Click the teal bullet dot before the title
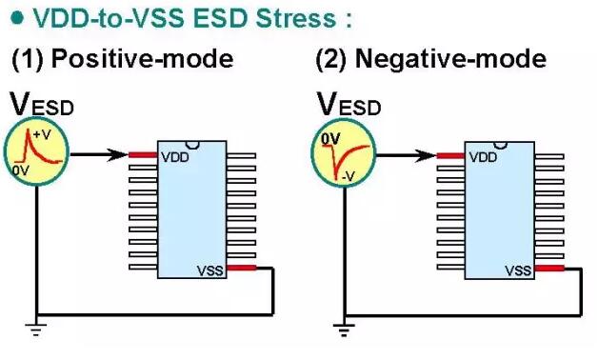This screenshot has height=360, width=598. pyautogui.click(x=17, y=18)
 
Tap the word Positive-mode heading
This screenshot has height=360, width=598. pyautogui.click(x=142, y=59)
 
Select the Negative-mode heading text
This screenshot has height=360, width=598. pyautogui.click(x=450, y=59)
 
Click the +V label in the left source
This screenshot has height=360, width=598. pyautogui.click(x=42, y=134)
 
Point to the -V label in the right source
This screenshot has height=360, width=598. pyautogui.click(x=349, y=176)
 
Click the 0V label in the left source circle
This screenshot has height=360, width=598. pyautogui.click(x=20, y=170)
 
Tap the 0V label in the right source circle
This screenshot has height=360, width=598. pyautogui.click(x=330, y=140)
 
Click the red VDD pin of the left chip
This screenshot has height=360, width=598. pyautogui.click(x=143, y=155)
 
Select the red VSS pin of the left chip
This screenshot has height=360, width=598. pyautogui.click(x=242, y=268)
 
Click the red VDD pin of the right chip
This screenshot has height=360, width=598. pyautogui.click(x=450, y=155)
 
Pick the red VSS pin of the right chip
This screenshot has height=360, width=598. pyautogui.click(x=549, y=269)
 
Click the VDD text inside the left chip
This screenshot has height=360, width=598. pyautogui.click(x=175, y=157)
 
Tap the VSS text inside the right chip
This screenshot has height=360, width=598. pyautogui.click(x=518, y=270)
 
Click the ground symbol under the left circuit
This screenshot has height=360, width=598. pyautogui.click(x=36, y=330)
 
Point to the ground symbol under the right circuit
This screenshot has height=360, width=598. pyautogui.click(x=344, y=330)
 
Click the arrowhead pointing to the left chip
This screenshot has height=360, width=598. pyautogui.click(x=117, y=155)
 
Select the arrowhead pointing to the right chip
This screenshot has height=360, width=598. pyautogui.click(x=425, y=155)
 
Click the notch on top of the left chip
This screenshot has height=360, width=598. pyautogui.click(x=191, y=145)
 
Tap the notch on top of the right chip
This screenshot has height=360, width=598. pyautogui.click(x=500, y=146)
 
